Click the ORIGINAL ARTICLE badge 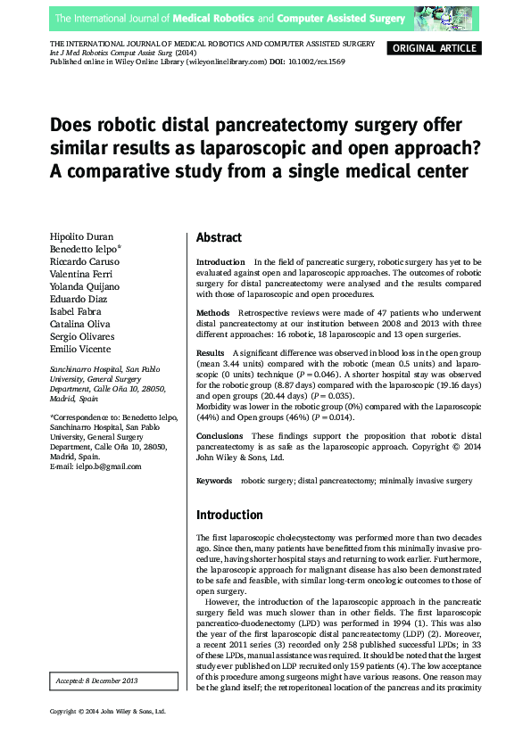(436, 48)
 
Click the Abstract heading (219, 238)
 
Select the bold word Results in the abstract (211, 354)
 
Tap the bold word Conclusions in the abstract (219, 436)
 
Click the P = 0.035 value (327, 395)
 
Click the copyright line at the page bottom (108, 736)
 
